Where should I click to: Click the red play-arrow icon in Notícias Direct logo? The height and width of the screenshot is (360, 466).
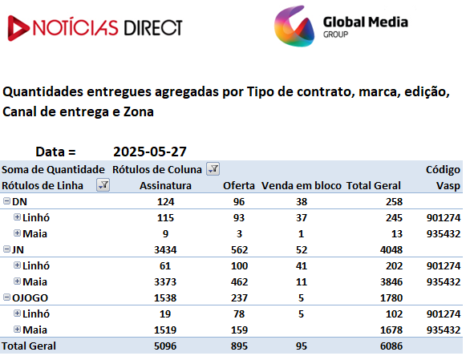coord(18,28)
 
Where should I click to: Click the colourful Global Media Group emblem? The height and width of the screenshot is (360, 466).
coord(294,26)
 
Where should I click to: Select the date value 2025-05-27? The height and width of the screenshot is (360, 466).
coord(150,152)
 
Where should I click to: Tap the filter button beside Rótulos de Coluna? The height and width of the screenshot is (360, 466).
coord(213,169)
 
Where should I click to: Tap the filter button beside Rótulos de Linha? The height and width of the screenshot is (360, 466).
coord(103,185)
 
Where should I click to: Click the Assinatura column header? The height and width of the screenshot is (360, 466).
coord(165,186)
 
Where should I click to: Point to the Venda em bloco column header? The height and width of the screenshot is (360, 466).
coord(302,186)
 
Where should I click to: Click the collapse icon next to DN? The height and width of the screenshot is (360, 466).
coord(6,201)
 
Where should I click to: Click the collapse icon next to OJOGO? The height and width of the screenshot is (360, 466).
coord(6,297)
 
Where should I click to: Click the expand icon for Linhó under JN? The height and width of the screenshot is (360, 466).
coord(17,265)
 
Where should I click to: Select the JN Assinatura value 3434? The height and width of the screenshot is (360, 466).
coord(165,250)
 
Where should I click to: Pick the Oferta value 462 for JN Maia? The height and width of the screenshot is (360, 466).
coord(239,282)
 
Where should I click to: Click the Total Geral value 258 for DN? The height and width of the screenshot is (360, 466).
coord(394,202)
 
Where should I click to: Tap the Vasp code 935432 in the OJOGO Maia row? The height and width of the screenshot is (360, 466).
coord(444,330)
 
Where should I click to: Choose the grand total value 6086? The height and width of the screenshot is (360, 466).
coord(391,346)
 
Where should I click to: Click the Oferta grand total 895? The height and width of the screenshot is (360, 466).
coord(239,346)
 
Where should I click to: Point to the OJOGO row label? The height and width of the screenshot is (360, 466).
coord(30,298)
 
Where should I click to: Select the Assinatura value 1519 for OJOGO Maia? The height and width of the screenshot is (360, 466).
coord(165,330)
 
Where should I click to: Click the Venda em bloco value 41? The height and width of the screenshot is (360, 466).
coord(302,266)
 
